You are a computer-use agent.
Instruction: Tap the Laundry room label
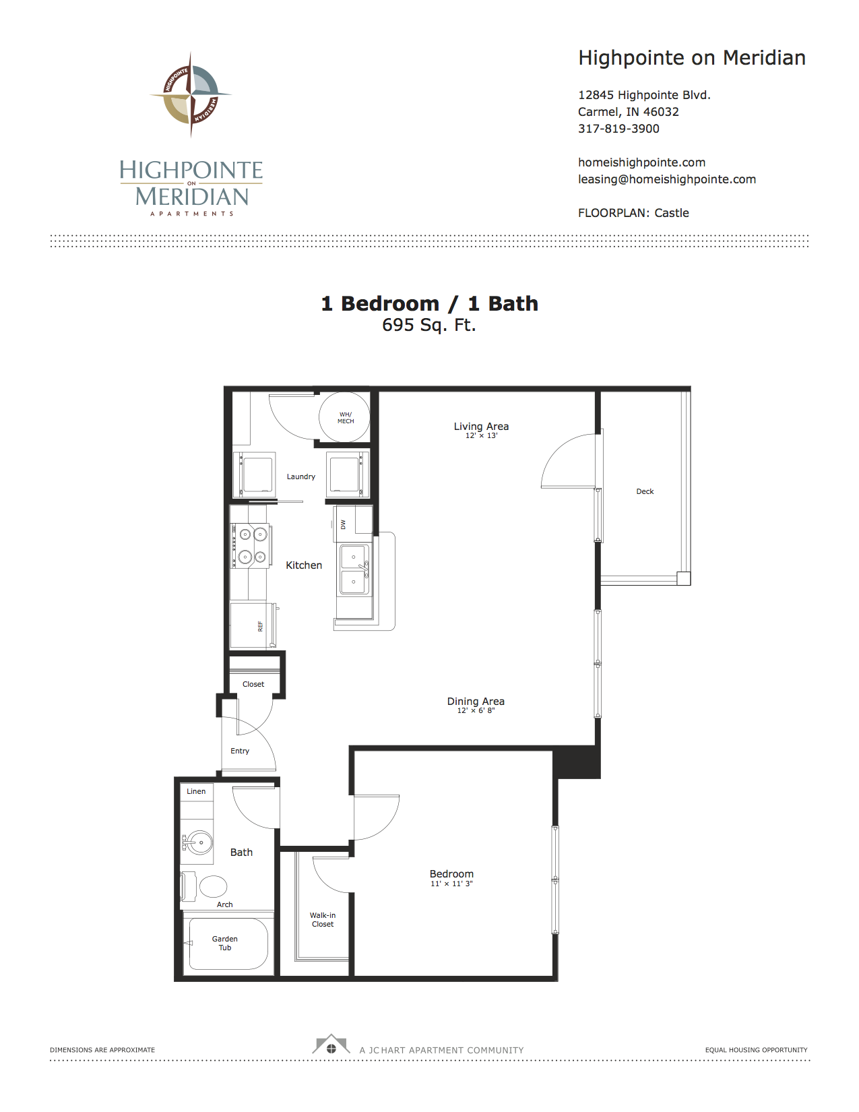301,476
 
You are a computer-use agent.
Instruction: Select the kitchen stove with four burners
251,545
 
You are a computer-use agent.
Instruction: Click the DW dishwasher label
343,524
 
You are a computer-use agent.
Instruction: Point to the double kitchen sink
353,569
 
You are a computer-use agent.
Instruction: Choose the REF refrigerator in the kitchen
254,626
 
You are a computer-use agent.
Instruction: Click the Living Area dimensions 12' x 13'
481,435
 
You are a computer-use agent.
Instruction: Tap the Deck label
645,491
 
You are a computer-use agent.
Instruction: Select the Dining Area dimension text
476,710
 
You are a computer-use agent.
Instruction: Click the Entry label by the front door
239,751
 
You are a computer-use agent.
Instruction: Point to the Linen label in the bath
196,791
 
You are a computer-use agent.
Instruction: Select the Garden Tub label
224,943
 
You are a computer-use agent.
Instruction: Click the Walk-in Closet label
322,919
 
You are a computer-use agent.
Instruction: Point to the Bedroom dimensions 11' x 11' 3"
451,884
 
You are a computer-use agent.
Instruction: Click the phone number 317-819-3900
618,129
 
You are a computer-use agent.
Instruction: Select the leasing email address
666,179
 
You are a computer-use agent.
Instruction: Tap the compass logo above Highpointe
191,94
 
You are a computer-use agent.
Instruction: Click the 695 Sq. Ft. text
428,325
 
